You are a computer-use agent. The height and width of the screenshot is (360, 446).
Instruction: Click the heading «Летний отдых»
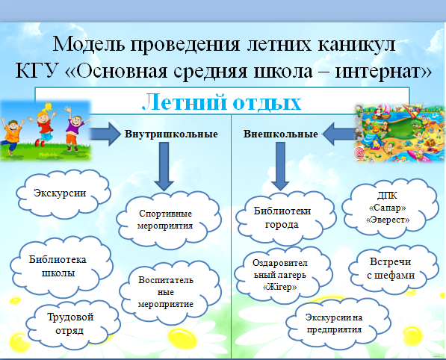[221, 102]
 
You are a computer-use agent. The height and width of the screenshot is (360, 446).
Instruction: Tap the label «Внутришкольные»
[171, 134]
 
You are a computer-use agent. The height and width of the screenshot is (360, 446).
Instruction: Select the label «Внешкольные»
[280, 134]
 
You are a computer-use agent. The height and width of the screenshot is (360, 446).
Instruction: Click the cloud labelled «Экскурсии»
[64, 194]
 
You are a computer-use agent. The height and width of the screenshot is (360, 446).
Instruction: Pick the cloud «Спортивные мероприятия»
[169, 220]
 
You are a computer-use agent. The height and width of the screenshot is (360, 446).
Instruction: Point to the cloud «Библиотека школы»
[61, 267]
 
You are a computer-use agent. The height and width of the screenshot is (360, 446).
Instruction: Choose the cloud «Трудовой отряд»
[73, 325]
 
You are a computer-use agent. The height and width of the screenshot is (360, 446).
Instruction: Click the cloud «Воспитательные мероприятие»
[170, 292]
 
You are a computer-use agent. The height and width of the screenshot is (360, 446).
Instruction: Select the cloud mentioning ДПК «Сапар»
[390, 208]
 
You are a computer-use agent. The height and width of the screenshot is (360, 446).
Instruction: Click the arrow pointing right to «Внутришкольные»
[105, 134]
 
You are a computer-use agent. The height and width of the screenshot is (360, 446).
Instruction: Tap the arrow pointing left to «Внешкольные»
[339, 134]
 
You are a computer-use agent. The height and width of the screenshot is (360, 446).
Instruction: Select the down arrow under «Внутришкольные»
[164, 167]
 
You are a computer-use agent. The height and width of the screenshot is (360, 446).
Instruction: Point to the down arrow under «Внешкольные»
[280, 167]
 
